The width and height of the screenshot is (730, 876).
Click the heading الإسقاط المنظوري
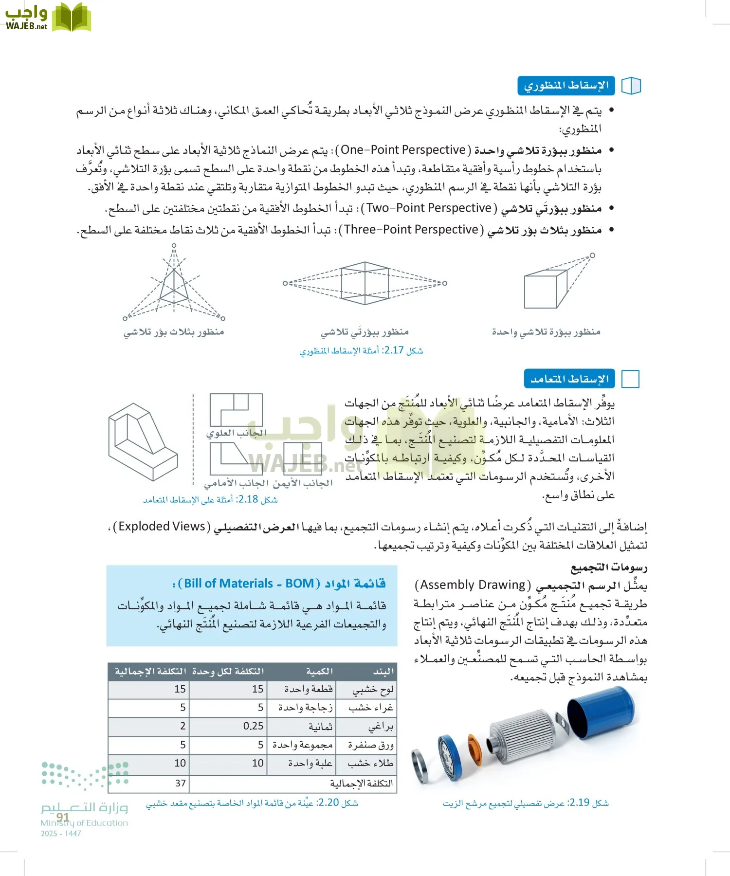click(566, 86)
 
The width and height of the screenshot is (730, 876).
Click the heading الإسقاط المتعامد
click(569, 379)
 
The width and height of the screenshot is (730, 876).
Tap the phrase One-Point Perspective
click(403, 150)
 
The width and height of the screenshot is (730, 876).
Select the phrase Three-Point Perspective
click(411, 230)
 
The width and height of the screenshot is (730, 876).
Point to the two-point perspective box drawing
click(365, 283)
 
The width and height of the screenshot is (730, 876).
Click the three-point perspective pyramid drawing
click(174, 287)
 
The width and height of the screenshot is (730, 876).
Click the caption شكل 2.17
click(361, 350)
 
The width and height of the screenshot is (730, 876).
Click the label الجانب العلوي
click(237, 433)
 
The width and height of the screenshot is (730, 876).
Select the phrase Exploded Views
click(162, 527)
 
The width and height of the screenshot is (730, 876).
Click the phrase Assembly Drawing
click(473, 584)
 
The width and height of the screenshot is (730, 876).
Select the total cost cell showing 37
click(181, 783)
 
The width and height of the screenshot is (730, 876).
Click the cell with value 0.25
click(253, 726)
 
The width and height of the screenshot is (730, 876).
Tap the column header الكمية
click(319, 671)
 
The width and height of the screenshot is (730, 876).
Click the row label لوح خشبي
click(373, 689)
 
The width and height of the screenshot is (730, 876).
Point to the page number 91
click(62, 817)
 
